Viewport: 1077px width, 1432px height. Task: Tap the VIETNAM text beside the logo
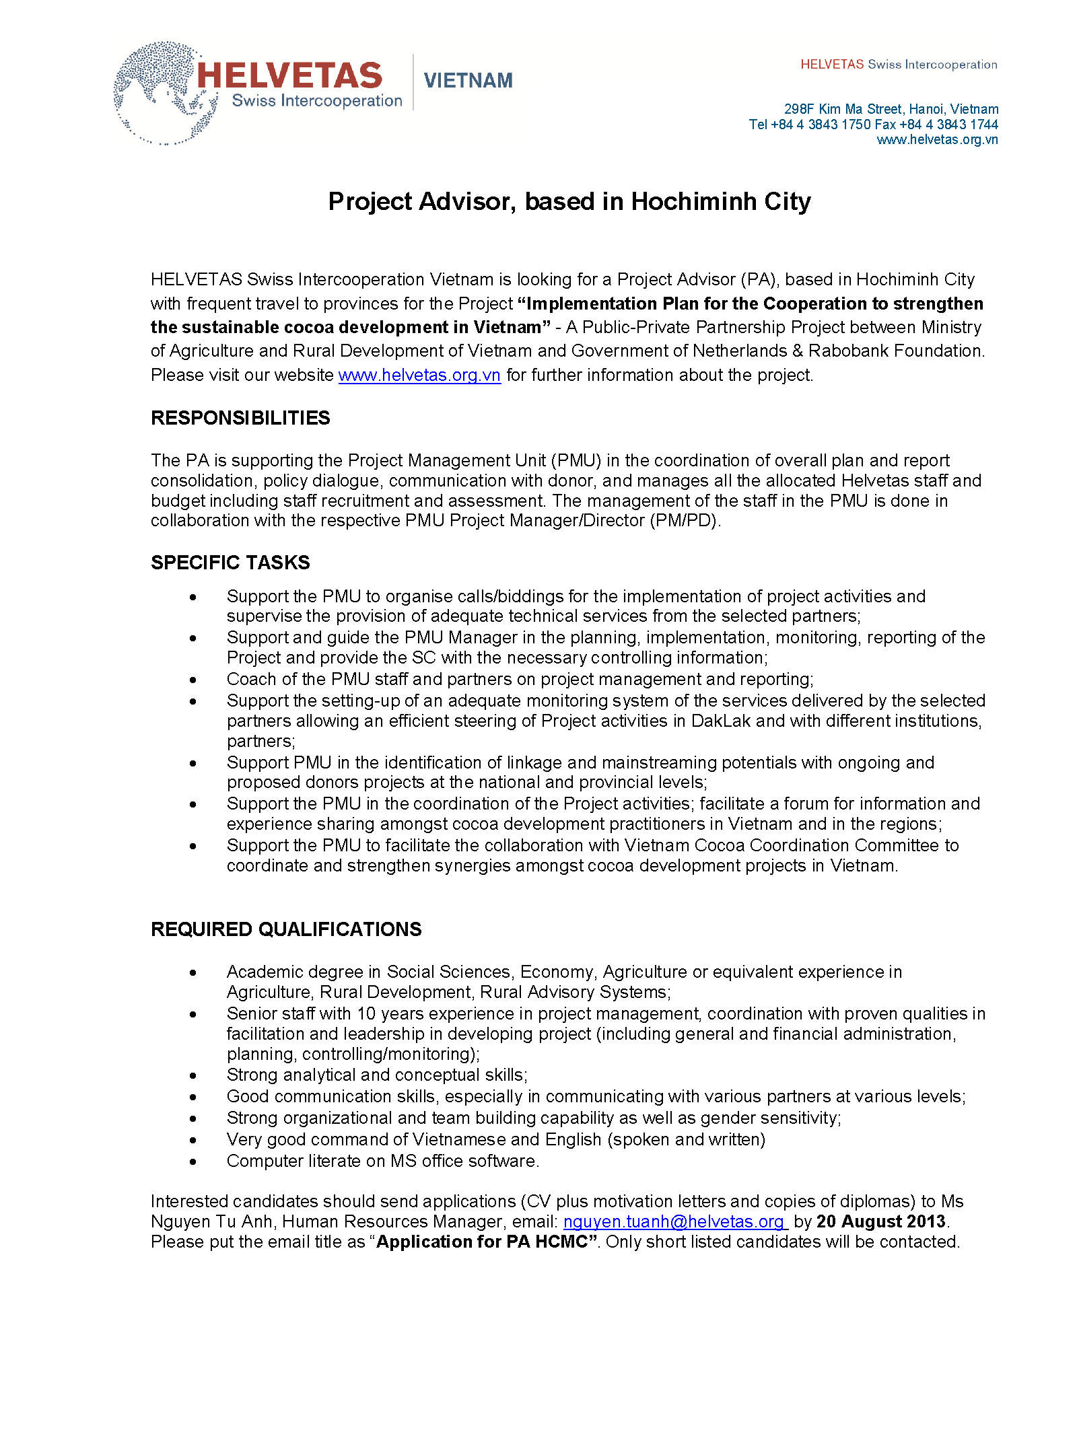pyautogui.click(x=468, y=81)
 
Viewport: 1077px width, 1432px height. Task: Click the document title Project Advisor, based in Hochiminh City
pyautogui.click(x=569, y=201)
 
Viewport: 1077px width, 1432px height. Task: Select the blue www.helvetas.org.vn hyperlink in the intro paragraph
pyautogui.click(x=419, y=375)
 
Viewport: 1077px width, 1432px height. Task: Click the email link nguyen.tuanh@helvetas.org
pyautogui.click(x=674, y=1221)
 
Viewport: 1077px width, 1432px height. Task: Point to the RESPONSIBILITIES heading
pyautogui.click(x=240, y=418)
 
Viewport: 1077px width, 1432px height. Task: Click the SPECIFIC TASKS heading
pyautogui.click(x=230, y=563)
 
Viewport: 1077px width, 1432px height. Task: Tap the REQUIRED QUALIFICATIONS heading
pyautogui.click(x=286, y=929)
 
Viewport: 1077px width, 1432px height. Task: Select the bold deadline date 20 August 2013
pyautogui.click(x=880, y=1221)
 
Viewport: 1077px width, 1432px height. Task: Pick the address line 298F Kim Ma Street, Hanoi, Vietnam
pyautogui.click(x=891, y=109)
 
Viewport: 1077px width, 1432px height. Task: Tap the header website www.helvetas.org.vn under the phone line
pyautogui.click(x=937, y=140)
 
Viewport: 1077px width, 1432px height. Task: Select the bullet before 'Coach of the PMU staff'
pyautogui.click(x=193, y=680)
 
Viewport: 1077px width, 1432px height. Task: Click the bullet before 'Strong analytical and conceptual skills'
pyautogui.click(x=193, y=1075)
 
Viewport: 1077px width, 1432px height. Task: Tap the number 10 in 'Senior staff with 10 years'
pyautogui.click(x=366, y=1013)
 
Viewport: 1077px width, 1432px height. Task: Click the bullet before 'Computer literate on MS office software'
pyautogui.click(x=193, y=1161)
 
